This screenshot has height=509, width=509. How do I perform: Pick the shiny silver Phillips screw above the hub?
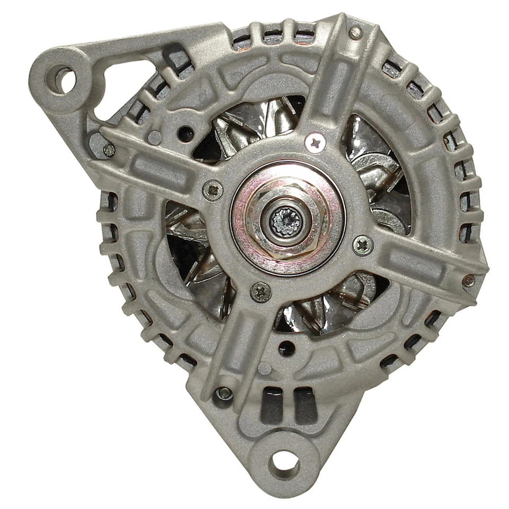point(315,142)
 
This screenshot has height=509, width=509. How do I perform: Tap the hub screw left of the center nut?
point(213,190)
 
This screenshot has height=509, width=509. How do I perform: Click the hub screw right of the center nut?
point(363,245)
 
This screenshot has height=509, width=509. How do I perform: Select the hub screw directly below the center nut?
point(260,292)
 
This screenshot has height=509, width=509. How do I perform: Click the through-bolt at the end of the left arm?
point(109,150)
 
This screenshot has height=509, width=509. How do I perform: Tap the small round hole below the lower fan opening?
point(286,348)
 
